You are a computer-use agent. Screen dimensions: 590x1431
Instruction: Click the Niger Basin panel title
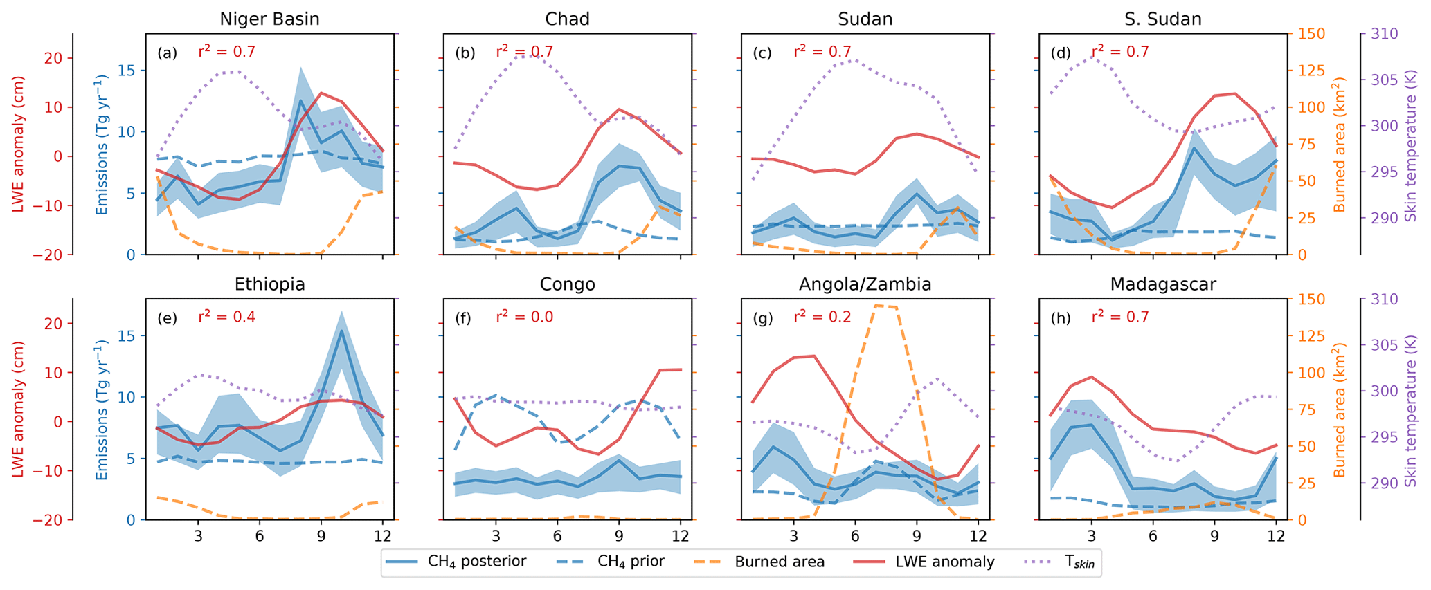pyautogui.click(x=269, y=19)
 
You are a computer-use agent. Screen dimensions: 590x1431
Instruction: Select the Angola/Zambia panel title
pyautogui.click(x=865, y=284)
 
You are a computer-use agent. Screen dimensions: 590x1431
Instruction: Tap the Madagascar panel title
pyautogui.click(x=1163, y=284)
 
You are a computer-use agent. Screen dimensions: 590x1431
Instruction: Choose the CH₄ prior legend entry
pyautogui.click(x=608, y=562)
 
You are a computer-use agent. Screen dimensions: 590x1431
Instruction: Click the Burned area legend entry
pyautogui.click(x=757, y=562)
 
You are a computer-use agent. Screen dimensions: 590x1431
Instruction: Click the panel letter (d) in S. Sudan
pyautogui.click(x=1059, y=53)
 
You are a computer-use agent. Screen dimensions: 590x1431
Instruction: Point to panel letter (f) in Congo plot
pyautogui.click(x=464, y=318)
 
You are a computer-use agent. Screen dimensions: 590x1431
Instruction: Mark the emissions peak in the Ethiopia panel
pyautogui.click(x=341, y=331)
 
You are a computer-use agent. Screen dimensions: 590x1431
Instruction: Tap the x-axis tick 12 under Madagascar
pyautogui.click(x=1275, y=536)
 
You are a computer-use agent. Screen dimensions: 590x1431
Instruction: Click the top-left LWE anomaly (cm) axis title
pyautogui.click(x=19, y=144)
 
